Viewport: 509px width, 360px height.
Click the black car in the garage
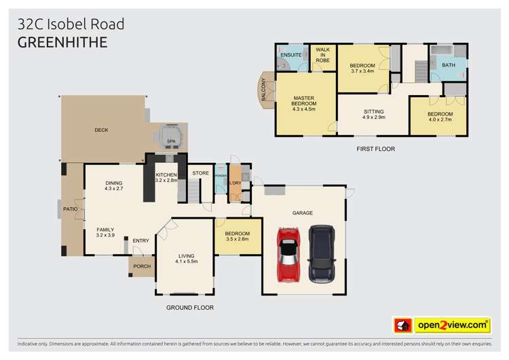322,254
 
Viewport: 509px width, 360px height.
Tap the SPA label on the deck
171,141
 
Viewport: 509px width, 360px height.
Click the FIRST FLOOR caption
375,149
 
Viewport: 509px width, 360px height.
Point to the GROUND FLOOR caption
190,308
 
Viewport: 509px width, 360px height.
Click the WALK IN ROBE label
322,54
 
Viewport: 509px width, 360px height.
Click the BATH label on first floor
449,65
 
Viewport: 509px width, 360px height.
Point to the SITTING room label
374,111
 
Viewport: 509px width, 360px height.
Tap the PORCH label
142,266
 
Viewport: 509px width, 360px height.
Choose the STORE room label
200,173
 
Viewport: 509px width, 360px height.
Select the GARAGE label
303,213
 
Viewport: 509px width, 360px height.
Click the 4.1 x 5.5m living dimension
185,262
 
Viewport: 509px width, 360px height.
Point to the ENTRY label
140,240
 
